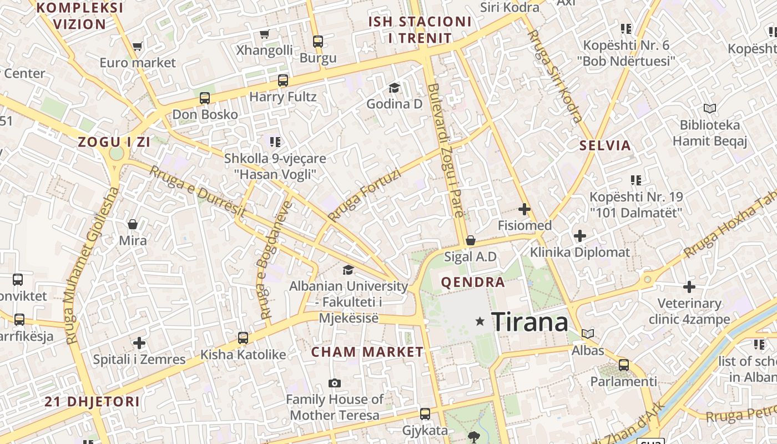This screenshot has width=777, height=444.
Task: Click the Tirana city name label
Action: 530,322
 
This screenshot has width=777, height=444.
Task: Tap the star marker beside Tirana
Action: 480,321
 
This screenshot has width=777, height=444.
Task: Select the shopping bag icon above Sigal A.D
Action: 470,240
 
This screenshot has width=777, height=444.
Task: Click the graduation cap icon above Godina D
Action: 394,88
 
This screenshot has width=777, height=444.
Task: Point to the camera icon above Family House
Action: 334,383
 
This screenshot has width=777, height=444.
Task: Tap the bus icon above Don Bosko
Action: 204,98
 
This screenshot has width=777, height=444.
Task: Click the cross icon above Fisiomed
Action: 524,209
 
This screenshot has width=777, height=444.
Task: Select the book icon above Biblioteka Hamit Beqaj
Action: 709,108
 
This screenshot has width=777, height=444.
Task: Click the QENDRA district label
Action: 473,282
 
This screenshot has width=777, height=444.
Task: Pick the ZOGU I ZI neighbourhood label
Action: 114,142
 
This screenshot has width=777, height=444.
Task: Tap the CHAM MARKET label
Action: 367,352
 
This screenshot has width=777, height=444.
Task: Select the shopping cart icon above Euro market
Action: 138,47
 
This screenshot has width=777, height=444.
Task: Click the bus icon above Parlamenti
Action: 624,365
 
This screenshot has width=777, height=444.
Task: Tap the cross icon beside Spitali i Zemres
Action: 139,342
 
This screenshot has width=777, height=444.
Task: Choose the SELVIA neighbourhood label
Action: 605,145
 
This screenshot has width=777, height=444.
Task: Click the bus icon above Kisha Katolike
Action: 243,337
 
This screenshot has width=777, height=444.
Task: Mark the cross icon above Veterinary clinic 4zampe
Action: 689,287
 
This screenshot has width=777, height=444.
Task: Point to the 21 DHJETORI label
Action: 92,401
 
